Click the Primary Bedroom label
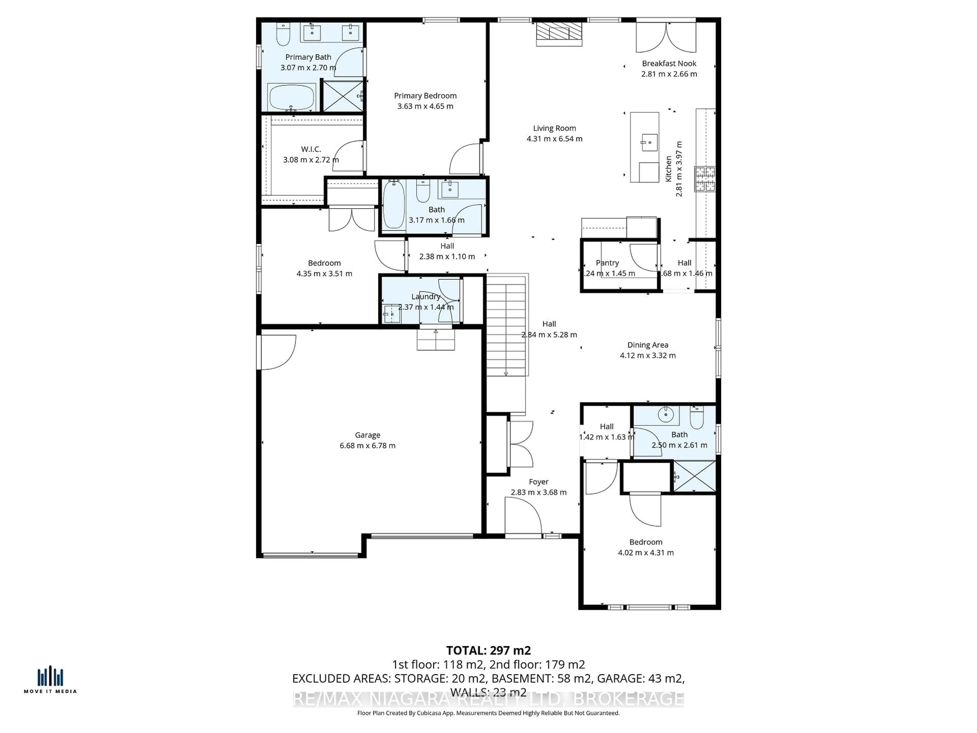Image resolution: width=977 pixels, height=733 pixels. tap(425, 95)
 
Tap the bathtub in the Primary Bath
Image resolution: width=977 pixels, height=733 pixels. tap(292, 97)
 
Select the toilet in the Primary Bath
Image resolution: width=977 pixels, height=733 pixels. tap(283, 34)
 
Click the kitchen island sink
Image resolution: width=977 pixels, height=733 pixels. tap(649, 142)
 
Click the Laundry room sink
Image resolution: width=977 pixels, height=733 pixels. tap(391, 314)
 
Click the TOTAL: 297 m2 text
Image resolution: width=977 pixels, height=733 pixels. tap(488, 650)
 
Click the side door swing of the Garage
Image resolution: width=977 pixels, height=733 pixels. tap(277, 352)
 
